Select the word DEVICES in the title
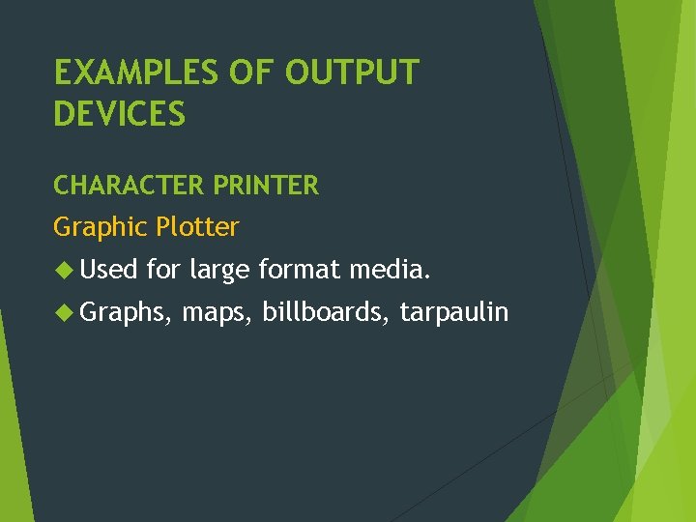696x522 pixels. (x=119, y=114)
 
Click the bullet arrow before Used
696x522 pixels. (x=64, y=269)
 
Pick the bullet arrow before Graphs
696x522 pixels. (x=64, y=311)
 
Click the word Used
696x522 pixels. (x=109, y=269)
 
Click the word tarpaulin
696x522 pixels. (x=454, y=312)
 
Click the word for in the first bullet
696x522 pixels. (x=164, y=269)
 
